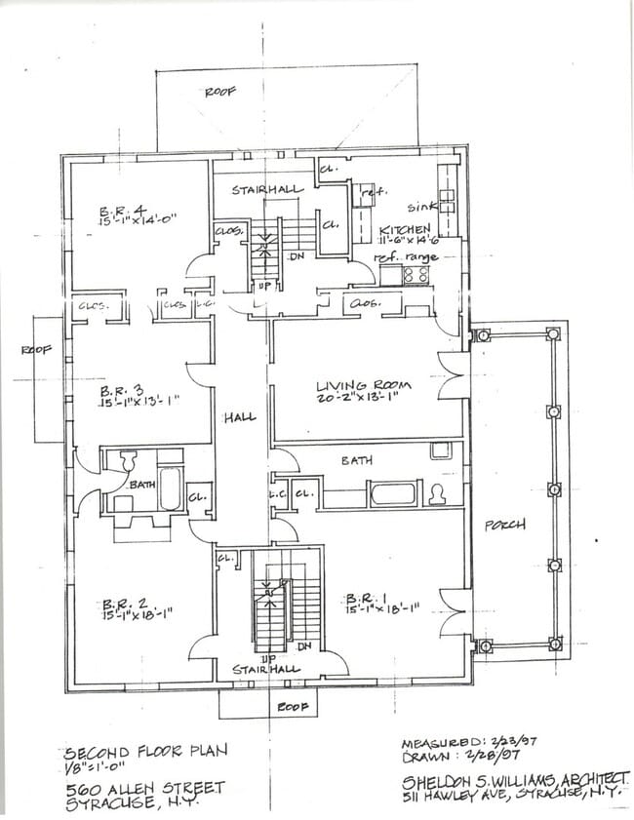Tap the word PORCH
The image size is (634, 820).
(505, 525)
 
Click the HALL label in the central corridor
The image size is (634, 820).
(239, 417)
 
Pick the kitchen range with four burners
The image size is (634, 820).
(416, 274)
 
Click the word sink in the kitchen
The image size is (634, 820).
(420, 208)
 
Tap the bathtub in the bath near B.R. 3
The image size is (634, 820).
(171, 487)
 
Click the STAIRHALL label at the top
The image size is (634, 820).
(266, 190)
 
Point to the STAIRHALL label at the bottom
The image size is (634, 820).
(266, 670)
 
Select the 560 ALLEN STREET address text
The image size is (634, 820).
(144, 787)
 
